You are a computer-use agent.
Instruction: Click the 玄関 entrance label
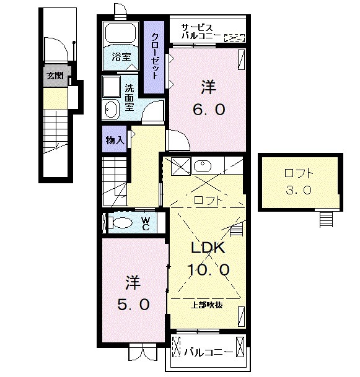click(x=55, y=76)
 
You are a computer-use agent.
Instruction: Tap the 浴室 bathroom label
click(x=121, y=57)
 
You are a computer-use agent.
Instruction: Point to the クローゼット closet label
click(x=155, y=56)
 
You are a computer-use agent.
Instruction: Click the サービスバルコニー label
click(x=201, y=32)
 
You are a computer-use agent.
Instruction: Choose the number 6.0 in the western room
click(x=208, y=110)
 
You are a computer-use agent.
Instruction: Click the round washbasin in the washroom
click(x=111, y=110)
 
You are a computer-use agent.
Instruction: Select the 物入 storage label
click(x=115, y=140)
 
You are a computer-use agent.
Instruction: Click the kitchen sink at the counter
click(x=203, y=165)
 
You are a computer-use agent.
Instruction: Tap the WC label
click(x=146, y=223)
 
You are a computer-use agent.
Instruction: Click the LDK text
click(x=208, y=248)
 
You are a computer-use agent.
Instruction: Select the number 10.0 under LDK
click(x=208, y=269)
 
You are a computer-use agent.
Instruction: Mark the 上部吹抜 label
click(x=206, y=305)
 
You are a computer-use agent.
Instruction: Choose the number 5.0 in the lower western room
click(x=133, y=305)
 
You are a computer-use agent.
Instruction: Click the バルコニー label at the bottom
click(x=208, y=353)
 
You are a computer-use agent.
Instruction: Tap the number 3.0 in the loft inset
click(x=299, y=190)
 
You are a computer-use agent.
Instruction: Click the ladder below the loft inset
click(x=326, y=219)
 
